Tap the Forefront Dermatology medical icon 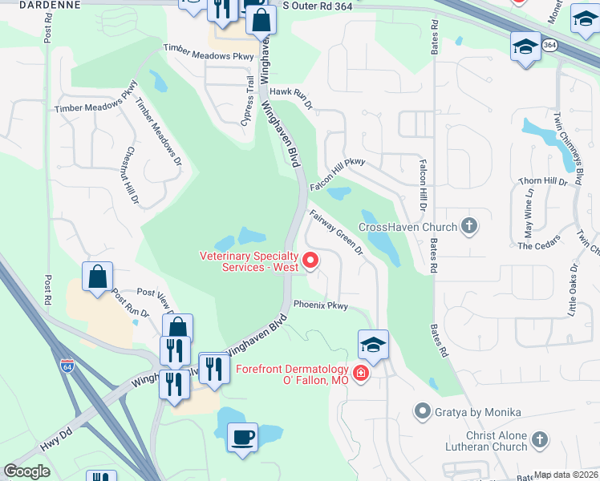point(361,374)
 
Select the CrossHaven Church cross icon point(470,227)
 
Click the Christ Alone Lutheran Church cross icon point(540,439)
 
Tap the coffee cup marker point(242,438)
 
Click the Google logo point(26,471)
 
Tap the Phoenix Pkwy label point(321,305)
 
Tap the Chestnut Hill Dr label point(131,174)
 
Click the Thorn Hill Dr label point(548,182)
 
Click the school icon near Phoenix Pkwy point(373,345)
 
